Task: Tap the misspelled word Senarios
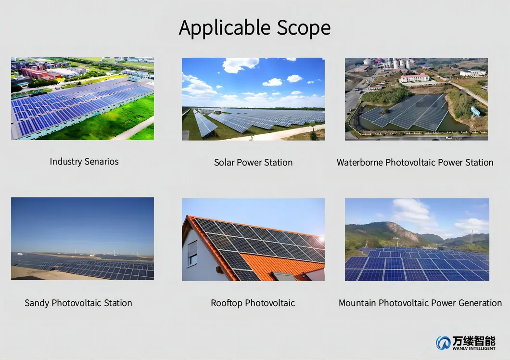[x=102, y=162]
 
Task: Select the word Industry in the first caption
[x=65, y=162]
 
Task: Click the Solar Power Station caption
[x=253, y=163]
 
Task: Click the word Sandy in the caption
[x=37, y=303]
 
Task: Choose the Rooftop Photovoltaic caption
[x=253, y=303]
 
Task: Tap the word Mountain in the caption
[x=357, y=303]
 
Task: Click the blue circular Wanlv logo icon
[x=443, y=343]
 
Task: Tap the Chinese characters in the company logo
[x=473, y=340]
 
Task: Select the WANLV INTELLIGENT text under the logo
[x=473, y=348]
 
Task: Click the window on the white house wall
[x=192, y=253]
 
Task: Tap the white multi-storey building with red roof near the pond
[x=415, y=77]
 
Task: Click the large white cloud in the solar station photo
[x=240, y=64]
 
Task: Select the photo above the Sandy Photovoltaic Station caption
[x=82, y=239]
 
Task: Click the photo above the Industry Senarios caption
[x=82, y=99]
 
